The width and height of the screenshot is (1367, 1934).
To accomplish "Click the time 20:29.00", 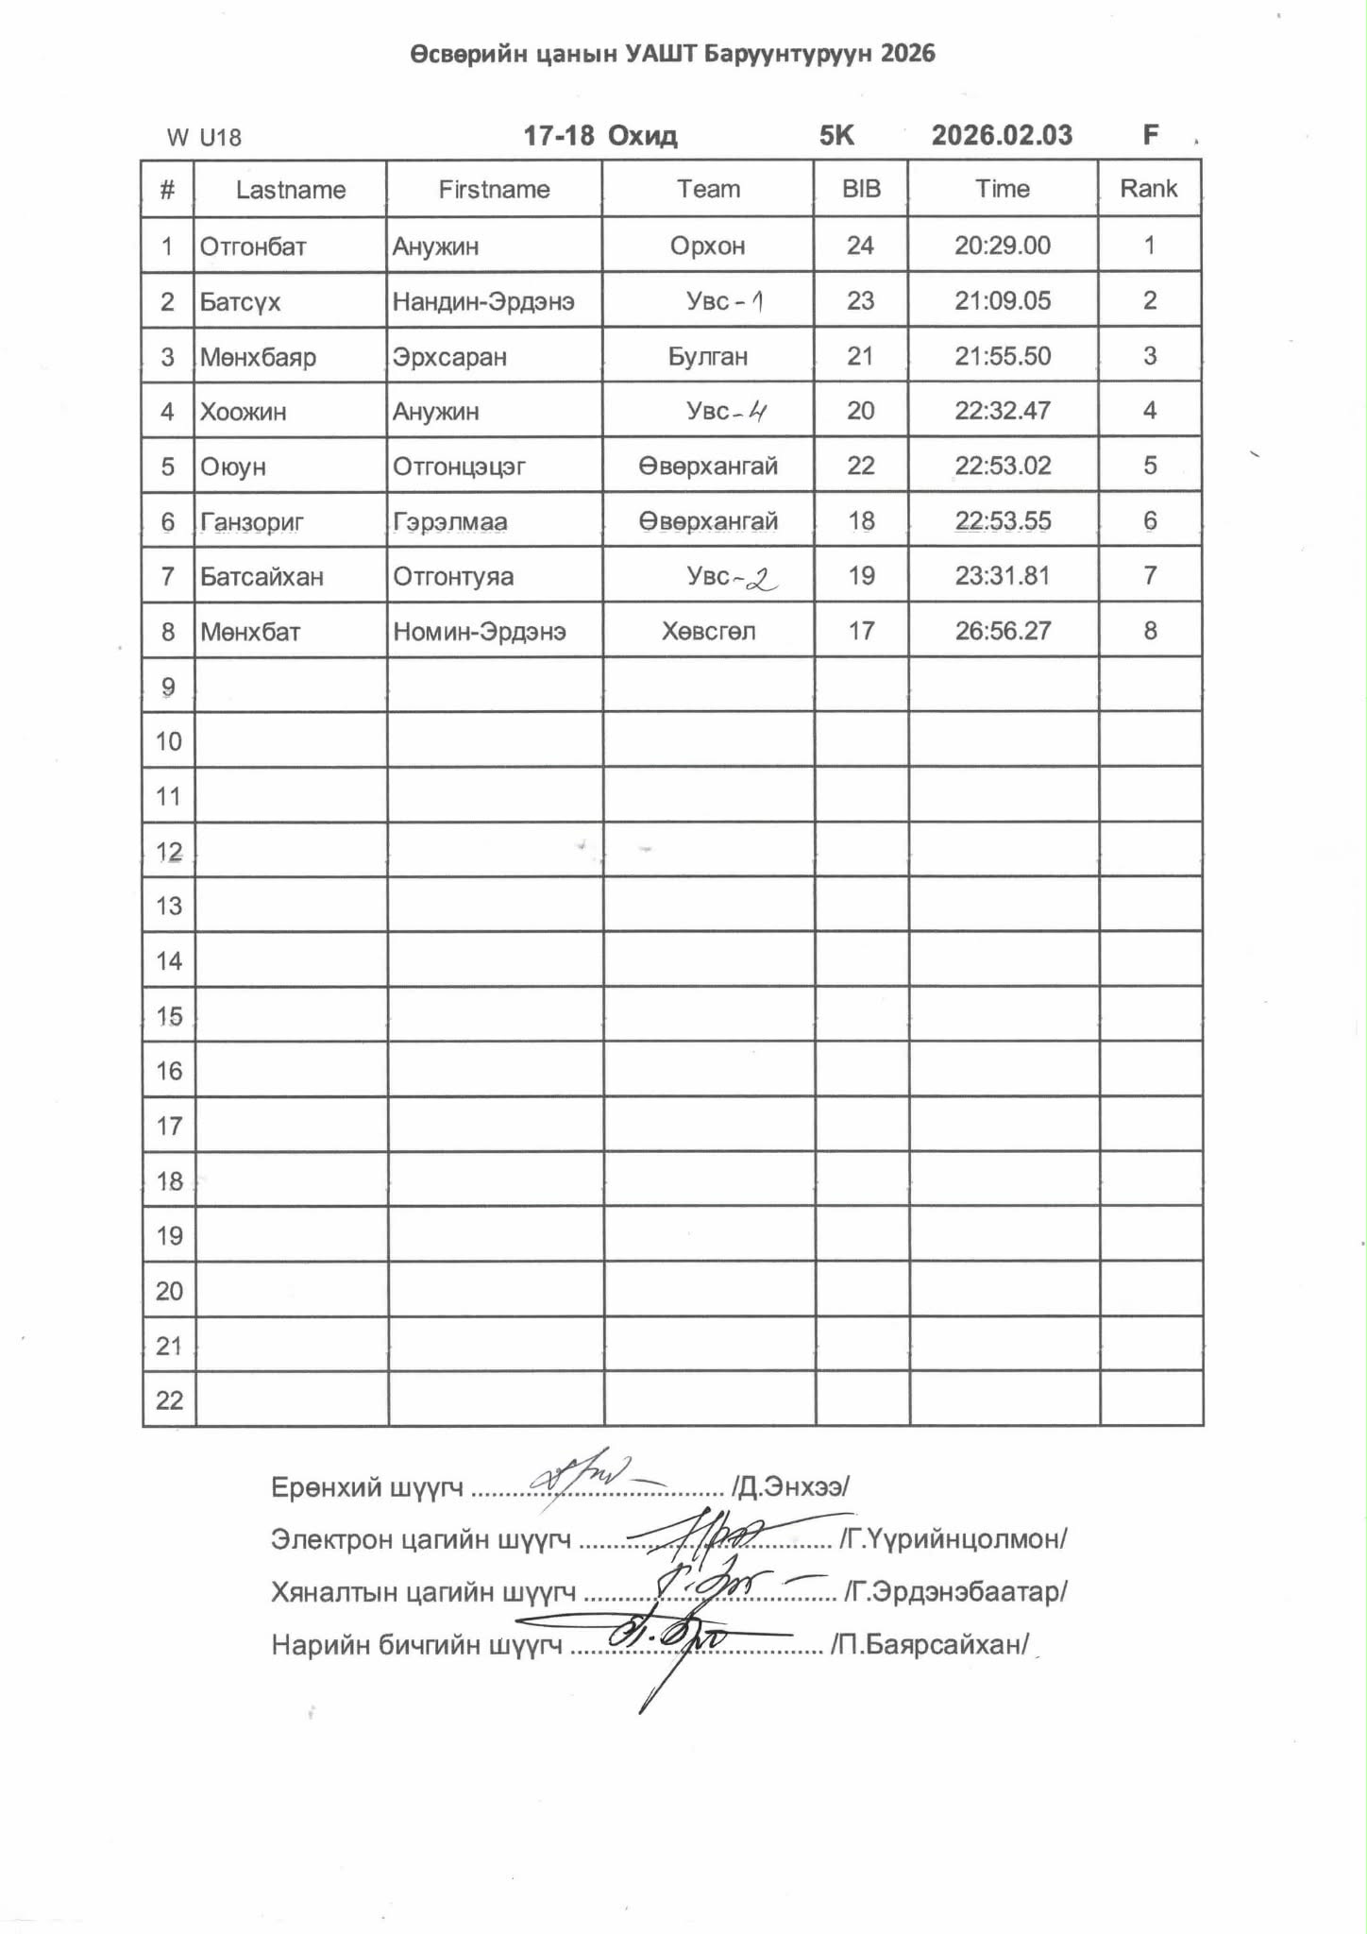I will tap(1002, 246).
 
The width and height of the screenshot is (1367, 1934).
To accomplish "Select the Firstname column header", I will tap(494, 189).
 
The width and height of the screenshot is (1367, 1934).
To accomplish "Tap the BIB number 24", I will tap(860, 246).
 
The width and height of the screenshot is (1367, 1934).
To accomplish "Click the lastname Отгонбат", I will tap(253, 246).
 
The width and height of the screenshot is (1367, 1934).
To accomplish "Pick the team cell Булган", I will tap(707, 356).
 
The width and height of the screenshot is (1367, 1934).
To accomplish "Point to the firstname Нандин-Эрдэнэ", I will tap(483, 301).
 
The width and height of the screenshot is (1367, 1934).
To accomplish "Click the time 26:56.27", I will tap(1003, 631).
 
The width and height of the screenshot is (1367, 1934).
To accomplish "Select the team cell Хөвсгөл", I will tap(708, 631).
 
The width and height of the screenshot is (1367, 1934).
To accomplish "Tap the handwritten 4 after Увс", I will tap(756, 411).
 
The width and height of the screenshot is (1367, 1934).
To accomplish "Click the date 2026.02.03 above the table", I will tap(1002, 135).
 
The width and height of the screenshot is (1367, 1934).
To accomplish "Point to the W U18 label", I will tap(204, 138).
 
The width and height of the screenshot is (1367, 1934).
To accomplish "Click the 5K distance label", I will tap(836, 135).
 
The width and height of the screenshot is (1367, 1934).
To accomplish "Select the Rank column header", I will tap(1148, 189).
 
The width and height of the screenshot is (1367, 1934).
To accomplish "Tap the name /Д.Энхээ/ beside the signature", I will tap(790, 1486).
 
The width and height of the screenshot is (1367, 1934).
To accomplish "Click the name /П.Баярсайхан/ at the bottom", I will tap(929, 1644).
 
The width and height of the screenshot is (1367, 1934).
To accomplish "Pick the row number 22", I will tap(169, 1400).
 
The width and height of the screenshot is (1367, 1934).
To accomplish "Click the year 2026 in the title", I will tap(906, 53).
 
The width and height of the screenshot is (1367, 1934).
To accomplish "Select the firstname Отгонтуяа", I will tap(453, 576).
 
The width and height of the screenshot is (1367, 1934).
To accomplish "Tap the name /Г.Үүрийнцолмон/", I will tap(954, 1539).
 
